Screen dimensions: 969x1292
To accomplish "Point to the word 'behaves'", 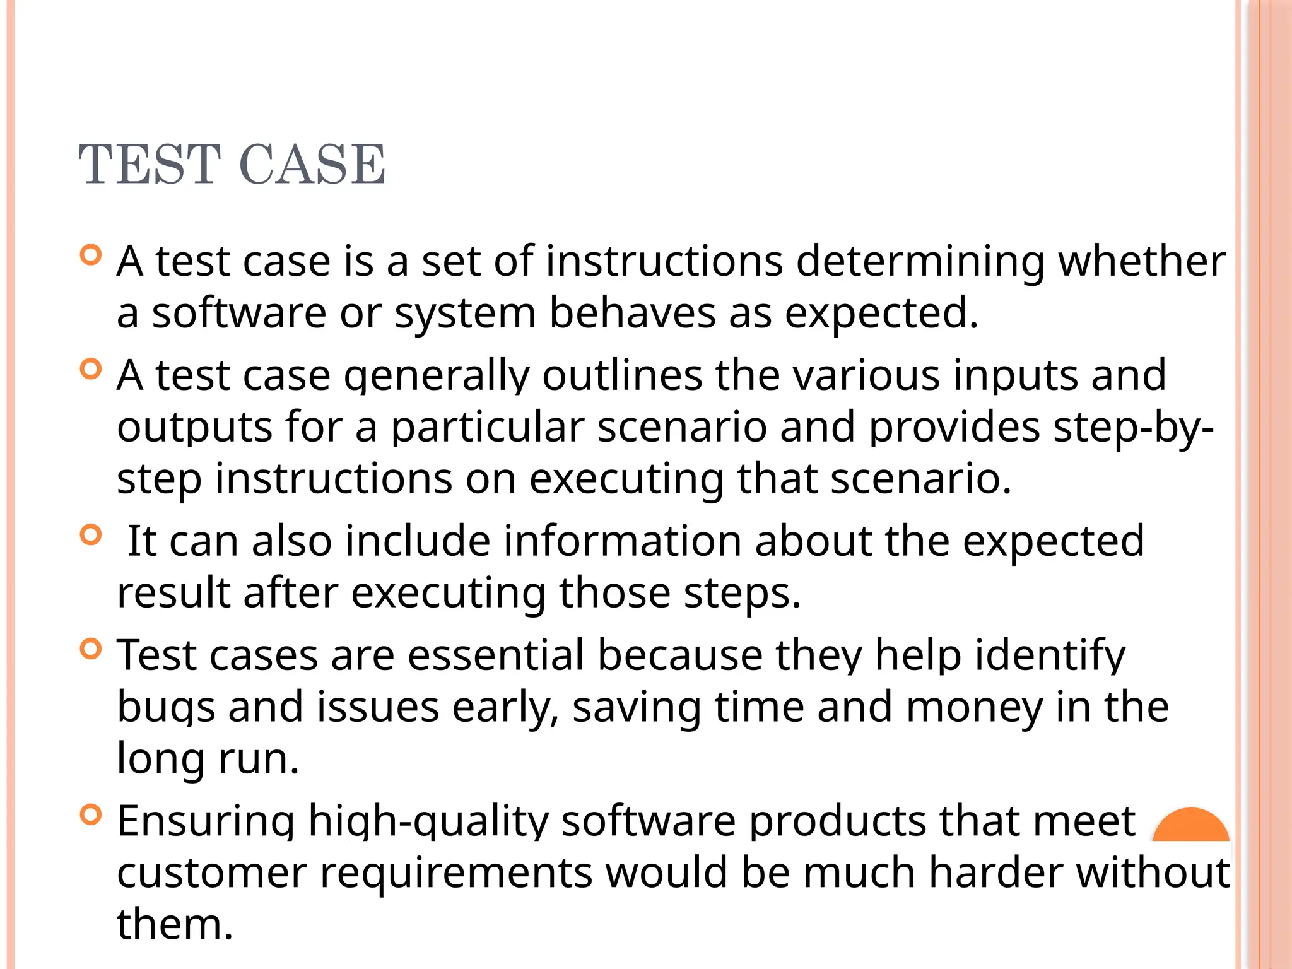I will click(632, 313).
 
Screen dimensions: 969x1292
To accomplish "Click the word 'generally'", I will click(437, 376).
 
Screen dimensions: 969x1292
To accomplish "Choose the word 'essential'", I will click(496, 655).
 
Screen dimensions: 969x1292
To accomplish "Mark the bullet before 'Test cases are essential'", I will click(91, 649).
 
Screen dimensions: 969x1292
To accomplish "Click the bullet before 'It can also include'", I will click(91, 535).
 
